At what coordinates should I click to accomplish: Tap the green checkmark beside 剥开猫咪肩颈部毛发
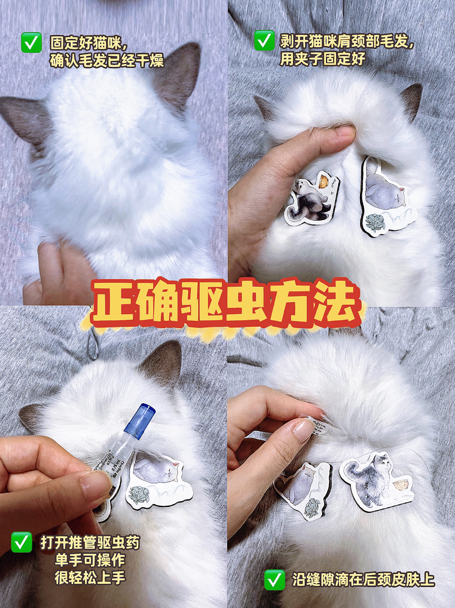coord(264,40)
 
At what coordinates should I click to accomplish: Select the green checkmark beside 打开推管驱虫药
coord(21,542)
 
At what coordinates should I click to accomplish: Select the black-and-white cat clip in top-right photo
coord(311,200)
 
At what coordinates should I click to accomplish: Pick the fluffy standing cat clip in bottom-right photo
coord(376,480)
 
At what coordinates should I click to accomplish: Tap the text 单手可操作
coord(90,560)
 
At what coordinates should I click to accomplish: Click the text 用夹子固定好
coord(322,59)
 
